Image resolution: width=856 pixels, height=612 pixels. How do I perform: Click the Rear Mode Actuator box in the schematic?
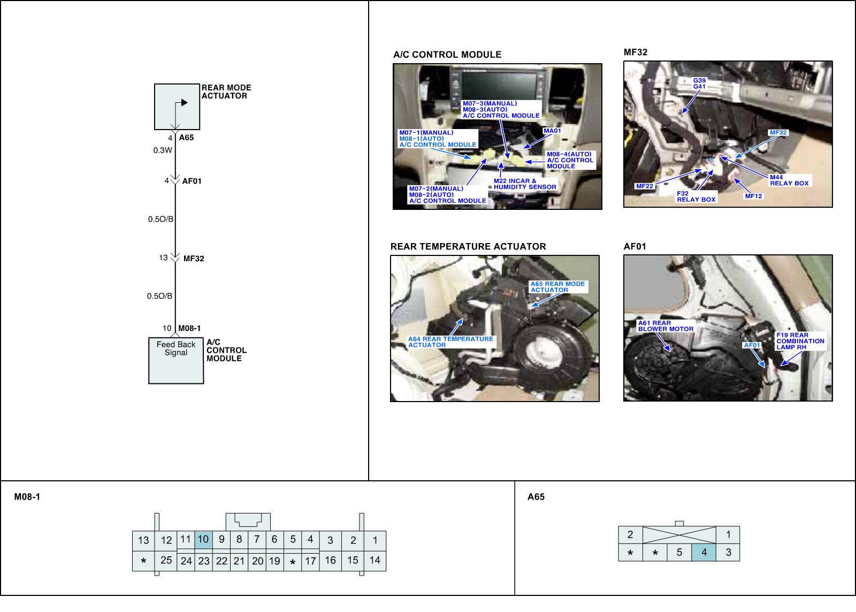[177, 107]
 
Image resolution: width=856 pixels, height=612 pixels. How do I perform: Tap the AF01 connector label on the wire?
[192, 181]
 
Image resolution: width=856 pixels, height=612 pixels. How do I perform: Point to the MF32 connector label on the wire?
[194, 259]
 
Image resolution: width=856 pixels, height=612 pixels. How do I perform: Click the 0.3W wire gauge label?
[163, 150]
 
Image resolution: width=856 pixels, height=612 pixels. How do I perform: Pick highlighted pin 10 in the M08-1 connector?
[203, 540]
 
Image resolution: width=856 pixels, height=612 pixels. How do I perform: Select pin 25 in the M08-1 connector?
[166, 560]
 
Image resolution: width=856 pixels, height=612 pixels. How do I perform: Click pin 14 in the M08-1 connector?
[374, 560]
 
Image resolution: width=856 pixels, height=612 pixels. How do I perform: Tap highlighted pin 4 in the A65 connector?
[704, 553]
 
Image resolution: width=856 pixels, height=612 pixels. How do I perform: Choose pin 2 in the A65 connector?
[630, 534]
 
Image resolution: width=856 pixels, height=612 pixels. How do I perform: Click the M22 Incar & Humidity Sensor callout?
[525, 184]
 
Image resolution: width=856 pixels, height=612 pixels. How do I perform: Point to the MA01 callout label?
[552, 131]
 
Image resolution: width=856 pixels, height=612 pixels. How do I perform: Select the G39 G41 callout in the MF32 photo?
[699, 84]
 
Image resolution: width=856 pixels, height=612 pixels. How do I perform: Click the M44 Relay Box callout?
[789, 180]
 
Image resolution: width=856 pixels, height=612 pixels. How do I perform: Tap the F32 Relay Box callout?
[696, 197]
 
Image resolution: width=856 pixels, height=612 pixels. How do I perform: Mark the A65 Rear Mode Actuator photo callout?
[557, 287]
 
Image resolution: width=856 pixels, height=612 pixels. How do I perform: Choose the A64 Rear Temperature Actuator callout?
[450, 342]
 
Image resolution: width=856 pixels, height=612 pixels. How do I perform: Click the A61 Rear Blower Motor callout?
[666, 326]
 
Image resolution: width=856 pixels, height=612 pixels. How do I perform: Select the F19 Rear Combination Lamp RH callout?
[800, 341]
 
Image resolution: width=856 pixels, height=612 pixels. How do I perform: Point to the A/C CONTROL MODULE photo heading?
[447, 55]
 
